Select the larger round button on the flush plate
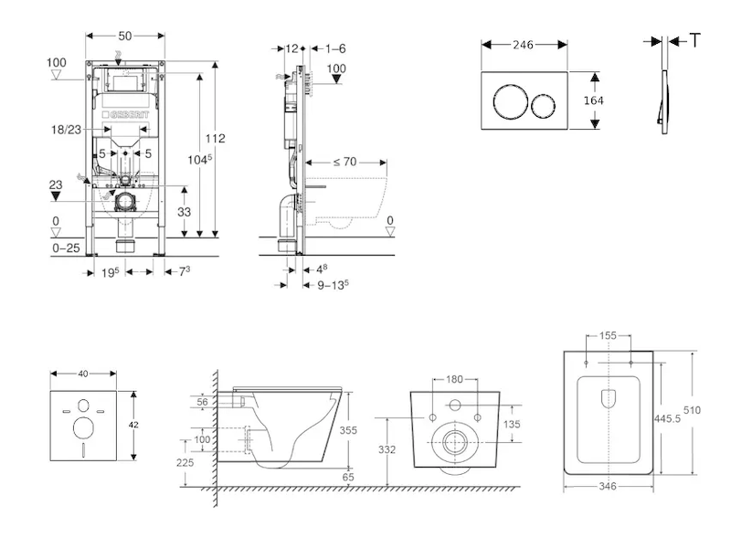pos(508,100)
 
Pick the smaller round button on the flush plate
pos(546,100)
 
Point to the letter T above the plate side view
pos(695,40)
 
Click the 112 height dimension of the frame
pos(215,139)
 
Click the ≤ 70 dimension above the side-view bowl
pos(344,162)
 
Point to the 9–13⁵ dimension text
pos(334,284)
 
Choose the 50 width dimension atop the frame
pos(126,35)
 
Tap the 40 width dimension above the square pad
pos(84,373)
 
